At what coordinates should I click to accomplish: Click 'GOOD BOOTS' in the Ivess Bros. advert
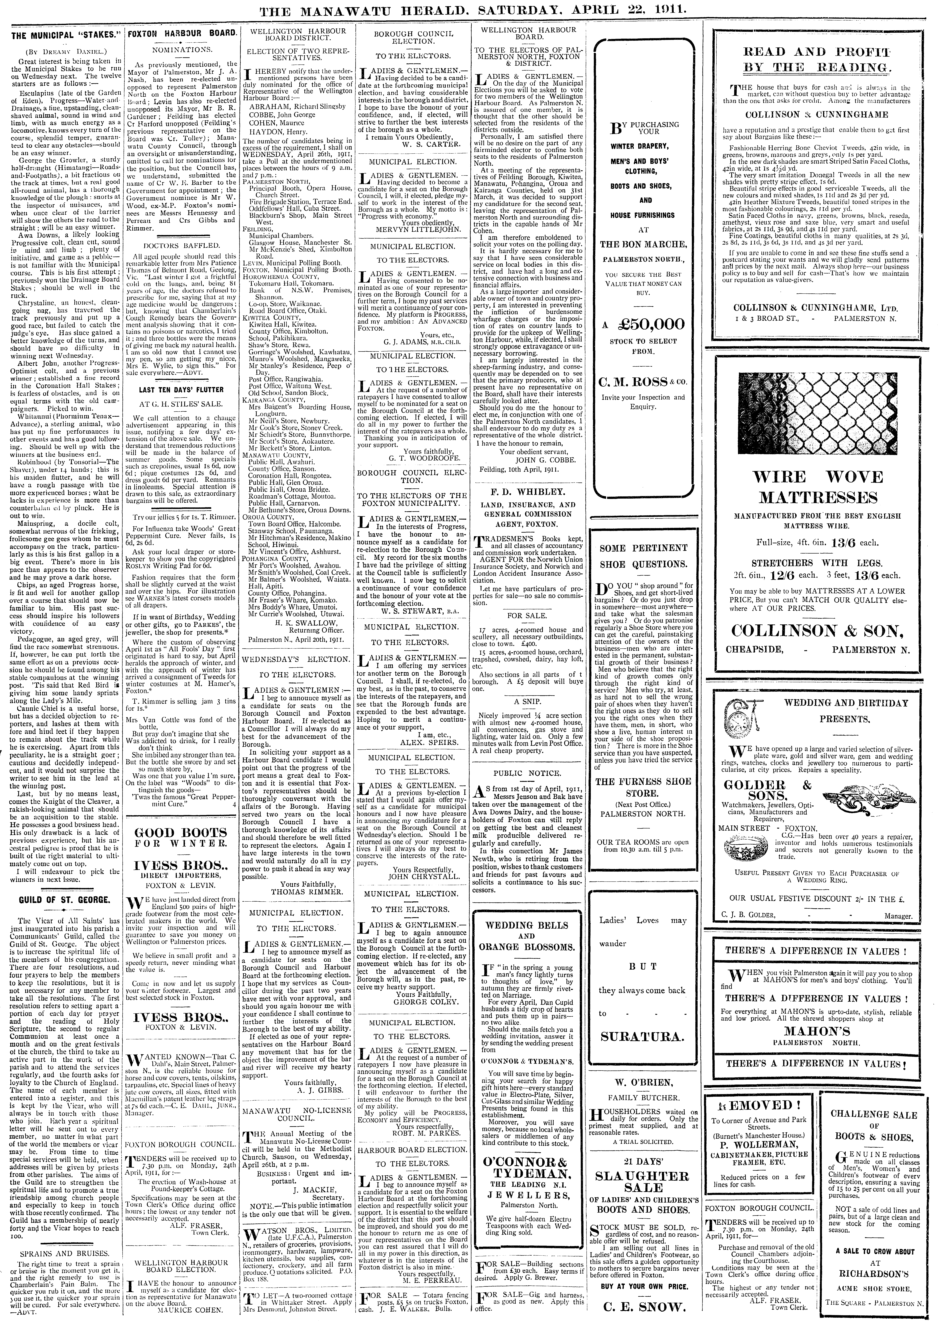point(180,833)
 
